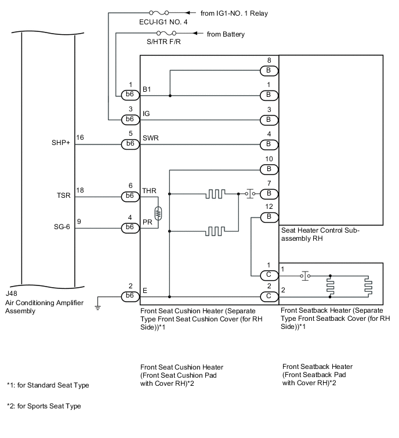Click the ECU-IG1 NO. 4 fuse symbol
point(159,13)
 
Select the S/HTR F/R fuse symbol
point(166,33)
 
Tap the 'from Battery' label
point(226,34)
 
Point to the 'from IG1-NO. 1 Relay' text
point(234,13)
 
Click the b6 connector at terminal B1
point(130,95)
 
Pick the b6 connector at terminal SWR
point(130,144)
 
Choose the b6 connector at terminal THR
point(130,196)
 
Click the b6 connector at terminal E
point(130,296)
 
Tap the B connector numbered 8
point(269,71)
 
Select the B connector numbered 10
point(269,169)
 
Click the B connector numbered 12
point(269,217)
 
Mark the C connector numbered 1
point(269,276)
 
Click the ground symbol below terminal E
point(97,307)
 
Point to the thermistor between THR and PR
point(158,213)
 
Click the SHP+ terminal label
point(60,143)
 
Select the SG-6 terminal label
point(61,227)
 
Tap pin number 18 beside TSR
point(80,190)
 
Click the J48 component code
point(11,294)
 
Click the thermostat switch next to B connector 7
point(250,193)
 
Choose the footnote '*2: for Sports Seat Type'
point(44,406)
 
